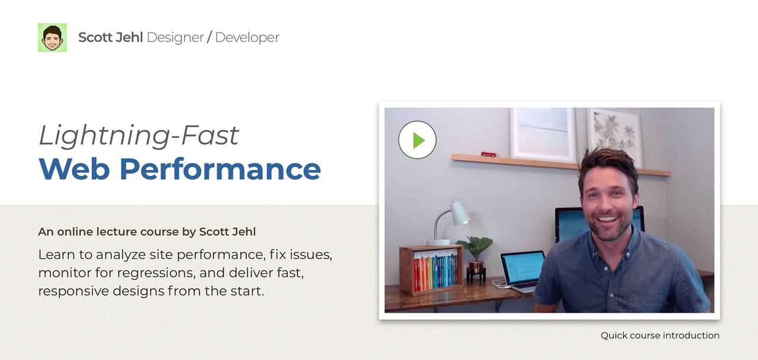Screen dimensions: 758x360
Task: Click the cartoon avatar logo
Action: click(x=52, y=37)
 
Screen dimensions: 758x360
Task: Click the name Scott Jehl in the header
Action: click(x=111, y=37)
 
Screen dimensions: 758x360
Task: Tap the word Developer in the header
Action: click(x=247, y=37)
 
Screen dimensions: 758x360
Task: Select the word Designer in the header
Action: click(x=175, y=37)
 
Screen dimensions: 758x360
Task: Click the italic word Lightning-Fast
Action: click(x=139, y=136)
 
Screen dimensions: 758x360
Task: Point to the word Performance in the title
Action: click(x=220, y=169)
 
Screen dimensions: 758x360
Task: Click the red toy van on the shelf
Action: click(x=489, y=153)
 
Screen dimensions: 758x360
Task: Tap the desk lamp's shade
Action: click(x=459, y=212)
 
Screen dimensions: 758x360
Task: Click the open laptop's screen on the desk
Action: click(x=522, y=267)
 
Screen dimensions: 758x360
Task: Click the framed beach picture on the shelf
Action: click(x=544, y=134)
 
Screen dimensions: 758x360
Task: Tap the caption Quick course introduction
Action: click(x=660, y=335)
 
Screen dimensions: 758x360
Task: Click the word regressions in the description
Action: click(x=156, y=273)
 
